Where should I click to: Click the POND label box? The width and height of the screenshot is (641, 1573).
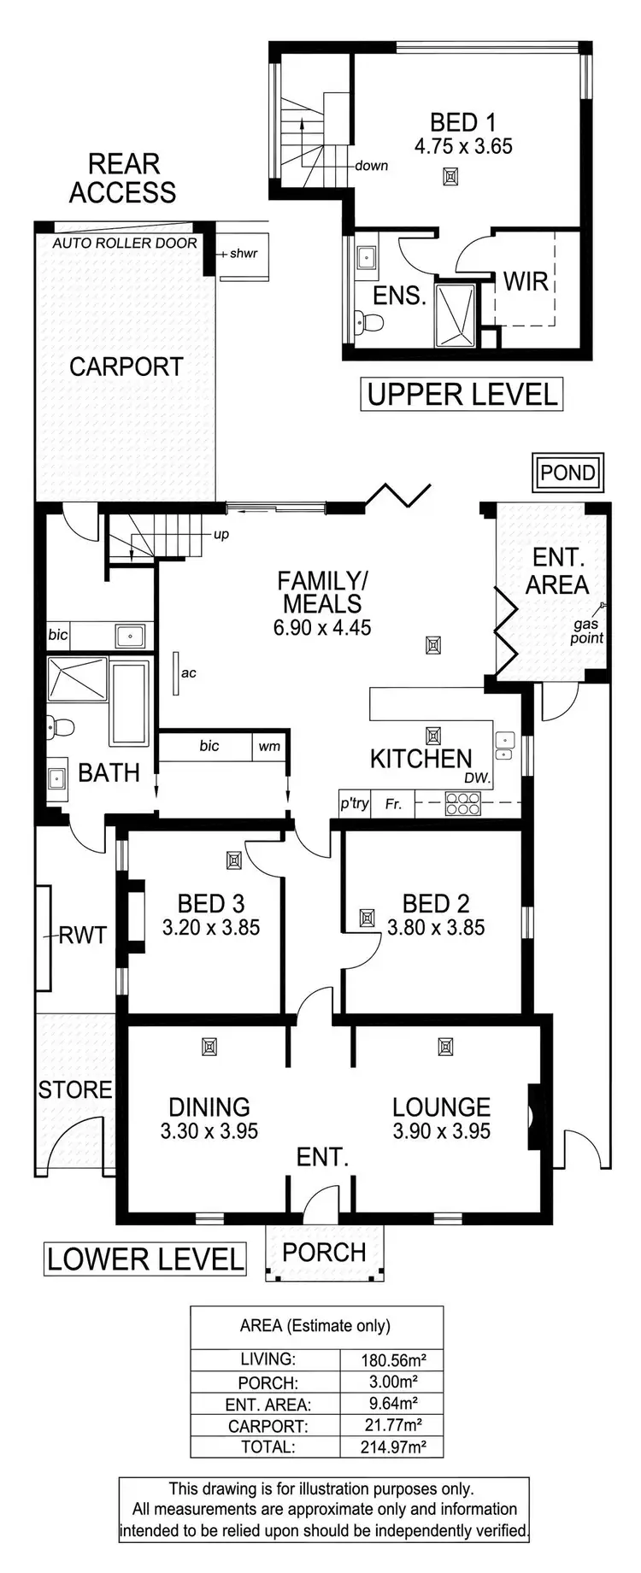[567, 472]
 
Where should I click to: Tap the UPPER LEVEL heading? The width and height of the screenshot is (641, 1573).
[462, 394]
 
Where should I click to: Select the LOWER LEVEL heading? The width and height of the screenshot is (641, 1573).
[145, 1259]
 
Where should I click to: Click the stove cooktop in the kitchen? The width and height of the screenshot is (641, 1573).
[463, 803]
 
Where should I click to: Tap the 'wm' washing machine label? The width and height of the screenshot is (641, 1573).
[269, 746]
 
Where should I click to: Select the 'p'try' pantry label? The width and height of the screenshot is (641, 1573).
[355, 803]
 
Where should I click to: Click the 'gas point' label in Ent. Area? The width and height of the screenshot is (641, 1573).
[587, 631]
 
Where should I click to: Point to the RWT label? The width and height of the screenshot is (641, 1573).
[83, 935]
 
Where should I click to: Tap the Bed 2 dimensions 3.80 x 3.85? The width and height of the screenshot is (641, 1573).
[436, 927]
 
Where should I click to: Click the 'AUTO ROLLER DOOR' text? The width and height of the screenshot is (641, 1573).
[125, 243]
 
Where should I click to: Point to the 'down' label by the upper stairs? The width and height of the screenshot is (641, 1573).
[371, 166]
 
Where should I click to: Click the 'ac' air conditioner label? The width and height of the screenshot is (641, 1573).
[189, 672]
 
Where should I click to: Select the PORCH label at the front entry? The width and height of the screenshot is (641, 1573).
[324, 1252]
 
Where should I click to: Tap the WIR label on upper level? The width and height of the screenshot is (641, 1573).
[525, 281]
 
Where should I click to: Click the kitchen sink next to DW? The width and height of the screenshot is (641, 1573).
[504, 745]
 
